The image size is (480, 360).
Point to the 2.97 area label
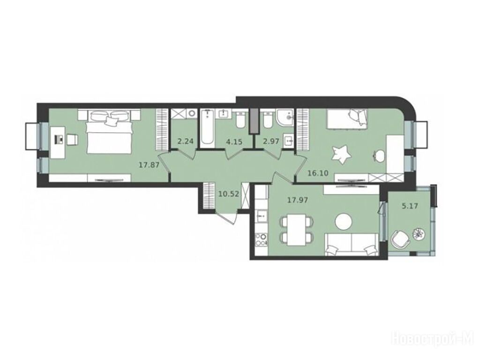(x=271, y=142)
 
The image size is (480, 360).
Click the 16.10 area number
(x=318, y=173)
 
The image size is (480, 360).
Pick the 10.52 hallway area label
(x=229, y=194)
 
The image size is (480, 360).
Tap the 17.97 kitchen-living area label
(x=298, y=201)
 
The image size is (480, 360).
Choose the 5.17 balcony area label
(x=410, y=206)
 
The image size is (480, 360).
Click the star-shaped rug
(x=341, y=154)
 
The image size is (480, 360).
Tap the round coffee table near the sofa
(x=344, y=221)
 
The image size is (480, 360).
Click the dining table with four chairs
(x=297, y=230)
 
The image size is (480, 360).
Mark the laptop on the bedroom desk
(x=59, y=140)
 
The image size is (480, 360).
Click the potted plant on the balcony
(x=418, y=233)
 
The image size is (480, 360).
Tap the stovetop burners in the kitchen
(x=261, y=240)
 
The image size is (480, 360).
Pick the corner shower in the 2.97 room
(x=285, y=118)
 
